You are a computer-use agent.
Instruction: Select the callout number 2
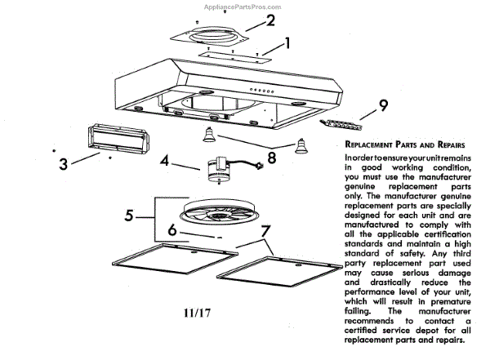pos(269,19)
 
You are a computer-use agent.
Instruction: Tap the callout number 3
pos(63,164)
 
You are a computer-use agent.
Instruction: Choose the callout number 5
pos(129,216)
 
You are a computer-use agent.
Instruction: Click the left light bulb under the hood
pos(209,134)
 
